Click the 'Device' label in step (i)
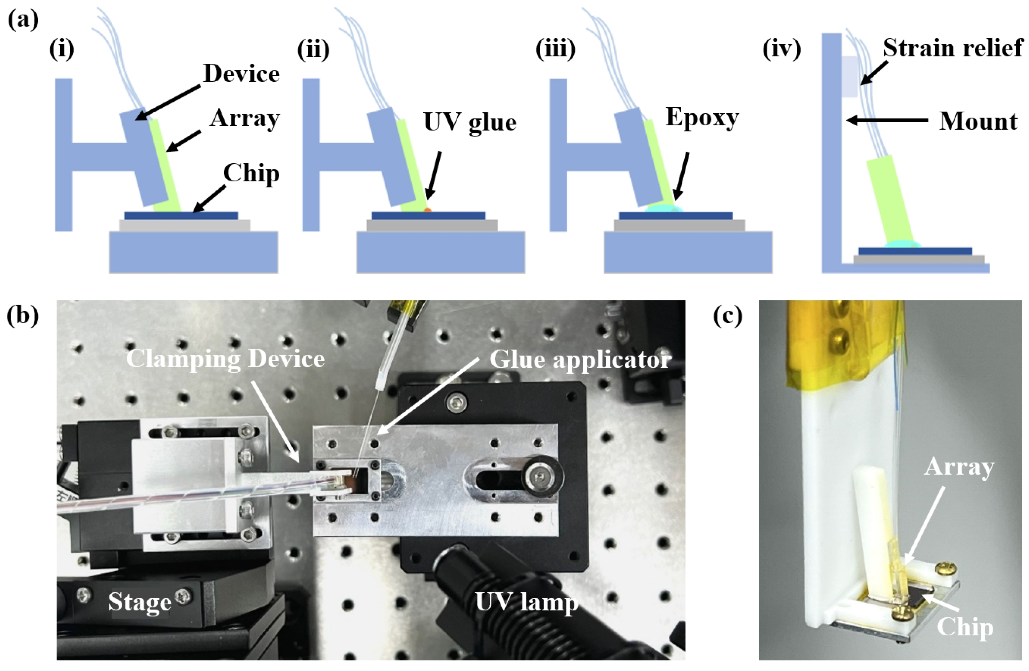(241, 73)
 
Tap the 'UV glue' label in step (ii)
(470, 122)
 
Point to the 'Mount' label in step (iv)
(978, 122)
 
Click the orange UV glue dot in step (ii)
(428, 210)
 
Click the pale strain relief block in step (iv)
(850, 77)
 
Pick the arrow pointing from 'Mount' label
(886, 120)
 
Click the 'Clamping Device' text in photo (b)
(225, 359)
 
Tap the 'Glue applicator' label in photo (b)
(580, 359)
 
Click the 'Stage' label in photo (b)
(140, 601)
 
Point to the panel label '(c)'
(728, 316)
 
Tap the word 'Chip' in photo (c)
(965, 627)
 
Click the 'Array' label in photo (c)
(959, 467)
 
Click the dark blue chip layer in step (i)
(181, 215)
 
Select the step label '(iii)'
(555, 49)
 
